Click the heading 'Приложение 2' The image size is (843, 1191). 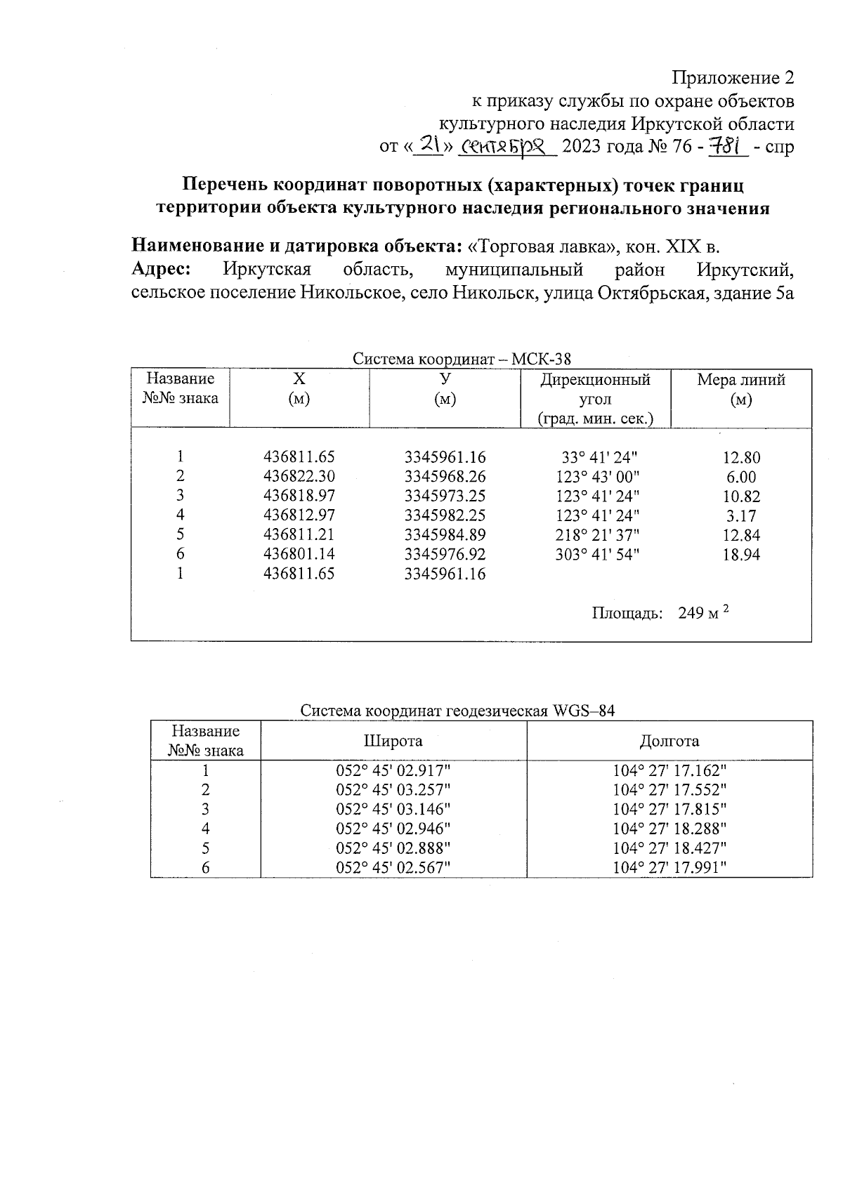click(733, 77)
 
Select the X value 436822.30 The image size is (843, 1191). click(299, 476)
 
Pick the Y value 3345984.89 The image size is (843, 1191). click(445, 535)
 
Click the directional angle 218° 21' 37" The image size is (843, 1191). click(596, 535)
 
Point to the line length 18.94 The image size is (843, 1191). click(741, 555)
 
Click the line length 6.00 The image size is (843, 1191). click(741, 477)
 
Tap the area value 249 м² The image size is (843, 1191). click(703, 613)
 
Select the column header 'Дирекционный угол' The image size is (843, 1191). click(595, 389)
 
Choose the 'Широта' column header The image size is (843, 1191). click(393, 741)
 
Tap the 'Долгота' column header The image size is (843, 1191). click(669, 741)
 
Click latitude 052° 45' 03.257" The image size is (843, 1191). click(393, 789)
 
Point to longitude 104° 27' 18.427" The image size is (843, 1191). click(669, 848)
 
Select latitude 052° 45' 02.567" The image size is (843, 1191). click(393, 868)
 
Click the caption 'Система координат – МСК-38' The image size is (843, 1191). click(462, 360)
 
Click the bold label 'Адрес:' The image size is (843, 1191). click(162, 270)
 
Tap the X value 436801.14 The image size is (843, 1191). click(299, 555)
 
